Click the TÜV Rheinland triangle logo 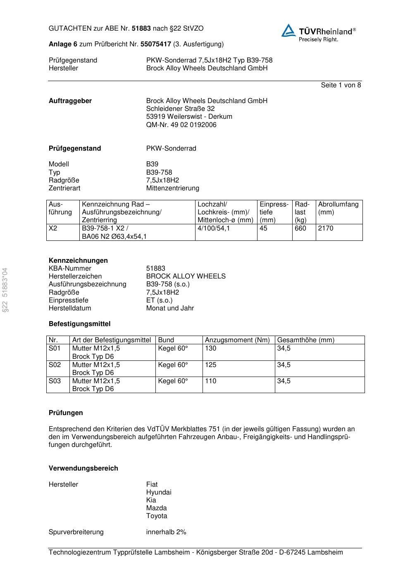(x=288, y=31)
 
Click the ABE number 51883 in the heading (x=141, y=29)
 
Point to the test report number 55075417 (x=156, y=44)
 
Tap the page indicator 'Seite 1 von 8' (x=341, y=85)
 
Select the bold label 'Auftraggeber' (x=70, y=101)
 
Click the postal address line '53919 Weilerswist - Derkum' (x=189, y=116)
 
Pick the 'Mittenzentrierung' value (x=172, y=188)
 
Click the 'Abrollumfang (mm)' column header (x=338, y=208)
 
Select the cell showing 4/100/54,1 (x=214, y=228)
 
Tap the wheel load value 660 (x=300, y=228)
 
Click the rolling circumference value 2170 (x=326, y=228)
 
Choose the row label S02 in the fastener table (x=55, y=365)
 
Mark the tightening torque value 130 (x=210, y=348)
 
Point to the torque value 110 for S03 (x=210, y=381)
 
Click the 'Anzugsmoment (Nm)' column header (x=237, y=340)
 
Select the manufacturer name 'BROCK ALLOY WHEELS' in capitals (x=186, y=276)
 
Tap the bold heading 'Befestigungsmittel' (x=79, y=324)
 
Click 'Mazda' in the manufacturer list (x=156, y=508)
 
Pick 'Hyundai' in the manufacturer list (x=158, y=492)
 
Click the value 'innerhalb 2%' (x=166, y=532)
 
